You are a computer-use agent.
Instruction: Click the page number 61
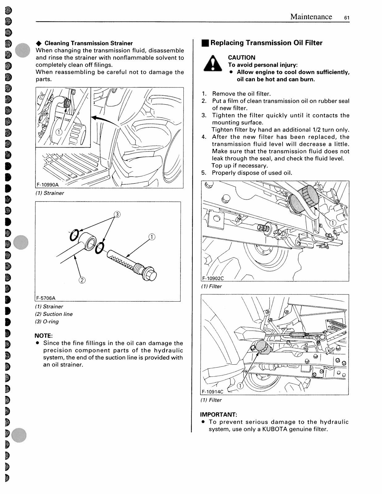(346, 18)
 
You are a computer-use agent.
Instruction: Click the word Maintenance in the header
(311, 17)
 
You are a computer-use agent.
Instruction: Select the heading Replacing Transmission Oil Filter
(266, 43)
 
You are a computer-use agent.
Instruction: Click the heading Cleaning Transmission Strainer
(89, 43)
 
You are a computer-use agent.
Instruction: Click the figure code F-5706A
(46, 298)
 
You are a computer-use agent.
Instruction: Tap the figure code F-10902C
(213, 278)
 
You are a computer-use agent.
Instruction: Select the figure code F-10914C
(212, 392)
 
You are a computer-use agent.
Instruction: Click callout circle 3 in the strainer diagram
(117, 215)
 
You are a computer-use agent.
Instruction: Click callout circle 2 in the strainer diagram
(82, 280)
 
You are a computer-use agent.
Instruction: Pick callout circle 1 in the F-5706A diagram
(152, 237)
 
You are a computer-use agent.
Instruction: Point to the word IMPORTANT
(218, 414)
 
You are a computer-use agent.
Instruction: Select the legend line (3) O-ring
(47, 321)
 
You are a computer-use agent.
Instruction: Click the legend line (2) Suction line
(54, 314)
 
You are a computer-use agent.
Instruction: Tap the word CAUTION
(241, 57)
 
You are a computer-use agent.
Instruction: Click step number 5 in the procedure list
(204, 173)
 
